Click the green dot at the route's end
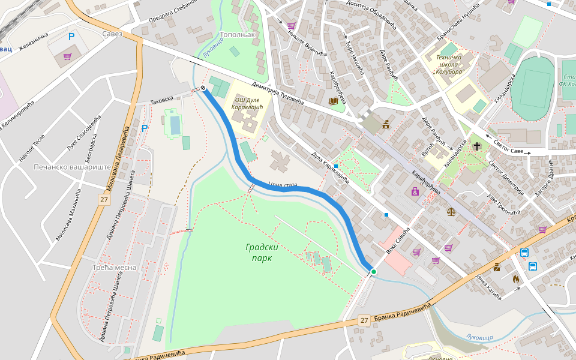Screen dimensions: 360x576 click(373, 272)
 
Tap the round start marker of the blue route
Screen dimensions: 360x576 click(204, 88)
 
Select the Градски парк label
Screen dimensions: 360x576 click(259, 252)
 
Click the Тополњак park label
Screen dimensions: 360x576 click(238, 35)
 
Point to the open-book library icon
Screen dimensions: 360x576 click(333, 101)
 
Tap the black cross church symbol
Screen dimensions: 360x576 click(476, 146)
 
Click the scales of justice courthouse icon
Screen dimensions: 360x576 click(451, 211)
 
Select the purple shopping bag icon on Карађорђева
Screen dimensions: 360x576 click(415, 192)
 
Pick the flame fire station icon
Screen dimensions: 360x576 click(515, 278)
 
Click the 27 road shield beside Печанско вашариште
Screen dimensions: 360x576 click(104, 200)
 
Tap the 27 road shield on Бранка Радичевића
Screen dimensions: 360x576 click(364, 320)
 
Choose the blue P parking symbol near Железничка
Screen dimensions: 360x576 click(71, 37)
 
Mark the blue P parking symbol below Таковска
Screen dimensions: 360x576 click(144, 128)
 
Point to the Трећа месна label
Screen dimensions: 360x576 click(114, 267)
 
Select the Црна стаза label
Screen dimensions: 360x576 click(283, 185)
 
